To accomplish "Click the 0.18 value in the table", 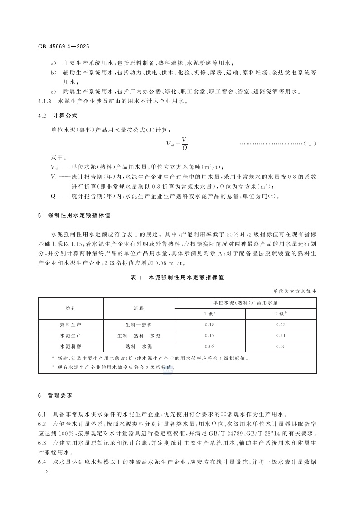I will (209, 325).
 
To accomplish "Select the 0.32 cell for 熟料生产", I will (281, 325).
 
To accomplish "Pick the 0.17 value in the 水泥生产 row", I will (209, 336).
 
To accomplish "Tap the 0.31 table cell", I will (281, 336).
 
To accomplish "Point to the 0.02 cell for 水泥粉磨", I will (209, 347).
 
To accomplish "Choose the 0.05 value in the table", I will (281, 347).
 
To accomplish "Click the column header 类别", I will (71, 308).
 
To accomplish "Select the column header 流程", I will (139, 308).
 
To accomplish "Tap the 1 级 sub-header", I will (209, 313).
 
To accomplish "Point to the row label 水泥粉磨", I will (71, 347).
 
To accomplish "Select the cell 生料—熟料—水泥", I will (139, 336).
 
